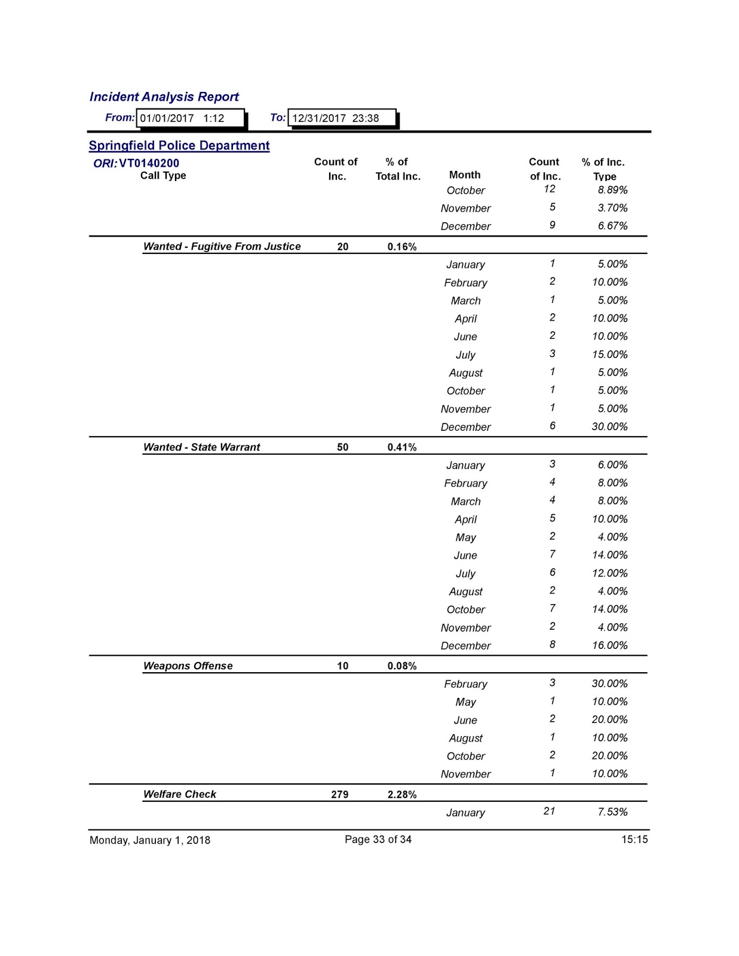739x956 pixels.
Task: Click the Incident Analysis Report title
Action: coord(164,97)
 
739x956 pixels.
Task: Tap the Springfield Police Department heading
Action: coord(179,146)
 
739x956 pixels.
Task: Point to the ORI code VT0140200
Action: coord(149,163)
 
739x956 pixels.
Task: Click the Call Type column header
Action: coord(163,176)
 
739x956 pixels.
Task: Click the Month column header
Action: coord(464,175)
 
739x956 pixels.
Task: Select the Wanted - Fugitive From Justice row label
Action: coord(222,246)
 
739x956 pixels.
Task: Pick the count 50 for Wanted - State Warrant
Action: coord(342,447)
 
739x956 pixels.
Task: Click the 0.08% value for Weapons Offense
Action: coord(401,666)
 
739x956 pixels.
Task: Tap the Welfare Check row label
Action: coord(179,794)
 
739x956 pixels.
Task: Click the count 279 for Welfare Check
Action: coord(339,794)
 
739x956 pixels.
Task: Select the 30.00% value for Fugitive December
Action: coord(609,427)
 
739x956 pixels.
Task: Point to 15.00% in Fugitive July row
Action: coord(609,354)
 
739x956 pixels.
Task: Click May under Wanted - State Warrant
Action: coord(465,537)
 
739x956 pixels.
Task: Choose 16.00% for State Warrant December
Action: coord(609,645)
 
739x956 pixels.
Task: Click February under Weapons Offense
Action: coord(465,684)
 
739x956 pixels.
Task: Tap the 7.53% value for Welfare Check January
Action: coord(612,812)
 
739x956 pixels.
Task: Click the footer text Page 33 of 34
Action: coord(378,839)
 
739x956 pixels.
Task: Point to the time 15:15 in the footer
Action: coord(634,839)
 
